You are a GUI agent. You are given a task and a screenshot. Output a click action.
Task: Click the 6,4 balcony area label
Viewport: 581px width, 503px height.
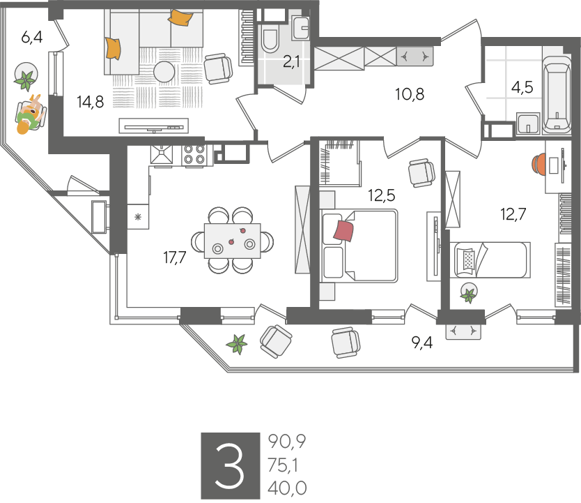click(x=32, y=38)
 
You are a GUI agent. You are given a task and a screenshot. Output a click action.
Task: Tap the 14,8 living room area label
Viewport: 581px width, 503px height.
click(x=91, y=101)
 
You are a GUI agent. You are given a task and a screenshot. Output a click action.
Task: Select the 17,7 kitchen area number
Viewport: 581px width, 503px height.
click(x=175, y=257)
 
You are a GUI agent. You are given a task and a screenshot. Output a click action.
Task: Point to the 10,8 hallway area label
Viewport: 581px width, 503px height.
click(x=410, y=94)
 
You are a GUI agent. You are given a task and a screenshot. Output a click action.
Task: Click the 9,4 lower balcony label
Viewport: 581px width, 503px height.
click(x=422, y=343)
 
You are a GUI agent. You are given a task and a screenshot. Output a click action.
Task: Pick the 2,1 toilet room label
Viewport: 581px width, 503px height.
click(x=291, y=62)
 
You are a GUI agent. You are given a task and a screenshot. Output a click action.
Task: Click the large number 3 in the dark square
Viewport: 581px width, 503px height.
click(x=230, y=466)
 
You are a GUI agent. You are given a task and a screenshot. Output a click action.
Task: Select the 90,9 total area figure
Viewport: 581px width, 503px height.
click(x=287, y=442)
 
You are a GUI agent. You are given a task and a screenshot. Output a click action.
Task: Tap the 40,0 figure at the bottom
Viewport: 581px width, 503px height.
click(x=287, y=488)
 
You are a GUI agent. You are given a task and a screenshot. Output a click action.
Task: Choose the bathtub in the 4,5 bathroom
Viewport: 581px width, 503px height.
click(x=556, y=95)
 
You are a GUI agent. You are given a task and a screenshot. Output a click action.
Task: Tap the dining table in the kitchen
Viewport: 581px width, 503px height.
click(x=232, y=241)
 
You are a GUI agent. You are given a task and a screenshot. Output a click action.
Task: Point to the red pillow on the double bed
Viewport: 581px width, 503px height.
click(x=343, y=231)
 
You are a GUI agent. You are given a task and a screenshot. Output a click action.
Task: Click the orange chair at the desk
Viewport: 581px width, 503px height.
click(x=537, y=165)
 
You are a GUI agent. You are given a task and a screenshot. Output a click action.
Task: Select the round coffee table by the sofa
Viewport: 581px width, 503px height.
click(x=164, y=72)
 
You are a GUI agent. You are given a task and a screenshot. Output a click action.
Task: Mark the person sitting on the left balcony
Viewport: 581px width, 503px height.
click(x=31, y=114)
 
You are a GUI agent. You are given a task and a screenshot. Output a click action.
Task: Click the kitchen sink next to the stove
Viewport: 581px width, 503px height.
click(x=162, y=154)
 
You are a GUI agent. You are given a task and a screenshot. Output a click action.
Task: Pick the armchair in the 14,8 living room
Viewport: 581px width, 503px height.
click(x=218, y=68)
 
